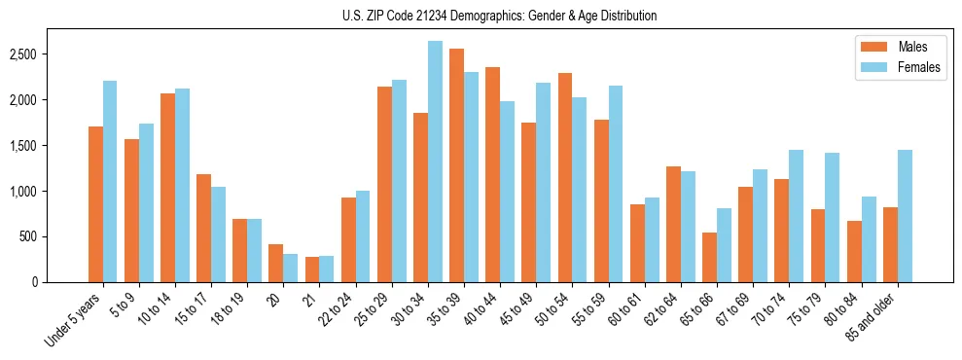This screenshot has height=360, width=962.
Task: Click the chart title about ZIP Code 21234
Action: [499, 16]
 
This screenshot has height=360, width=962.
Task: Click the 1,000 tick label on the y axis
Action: [23, 192]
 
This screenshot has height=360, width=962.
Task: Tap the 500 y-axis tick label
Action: [29, 236]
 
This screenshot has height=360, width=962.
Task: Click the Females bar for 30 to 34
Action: [435, 162]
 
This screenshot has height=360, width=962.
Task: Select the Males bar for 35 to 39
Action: [456, 165]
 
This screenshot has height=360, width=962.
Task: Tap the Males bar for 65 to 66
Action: [709, 258]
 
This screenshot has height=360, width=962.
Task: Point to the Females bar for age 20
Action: [291, 268]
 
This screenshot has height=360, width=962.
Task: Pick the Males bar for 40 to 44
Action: [492, 175]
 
